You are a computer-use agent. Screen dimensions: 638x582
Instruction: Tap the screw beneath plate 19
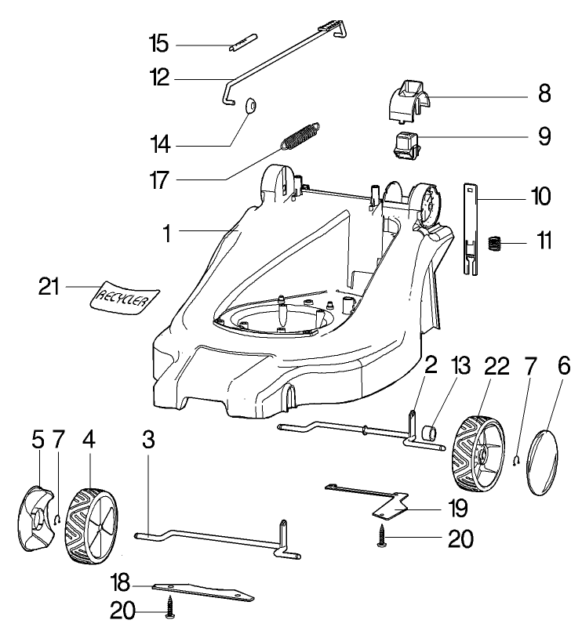(382, 540)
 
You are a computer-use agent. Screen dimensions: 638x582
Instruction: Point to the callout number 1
(166, 232)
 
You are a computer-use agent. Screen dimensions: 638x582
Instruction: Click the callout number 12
(160, 78)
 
